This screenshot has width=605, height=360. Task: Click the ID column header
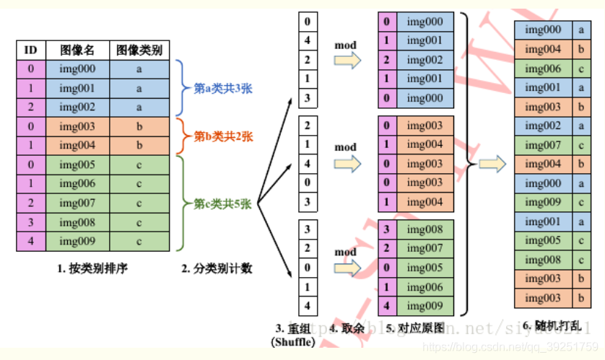[31, 51]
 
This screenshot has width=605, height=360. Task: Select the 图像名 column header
[77, 51]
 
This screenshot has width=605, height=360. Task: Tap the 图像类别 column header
[139, 51]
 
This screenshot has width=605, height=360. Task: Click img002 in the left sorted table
[77, 107]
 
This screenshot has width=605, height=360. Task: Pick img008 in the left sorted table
[77, 223]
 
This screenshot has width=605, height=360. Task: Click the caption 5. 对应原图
[414, 329]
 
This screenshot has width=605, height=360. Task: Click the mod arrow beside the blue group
[346, 62]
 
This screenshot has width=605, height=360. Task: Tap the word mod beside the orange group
[345, 147]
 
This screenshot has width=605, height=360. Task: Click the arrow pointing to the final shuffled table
[493, 164]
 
